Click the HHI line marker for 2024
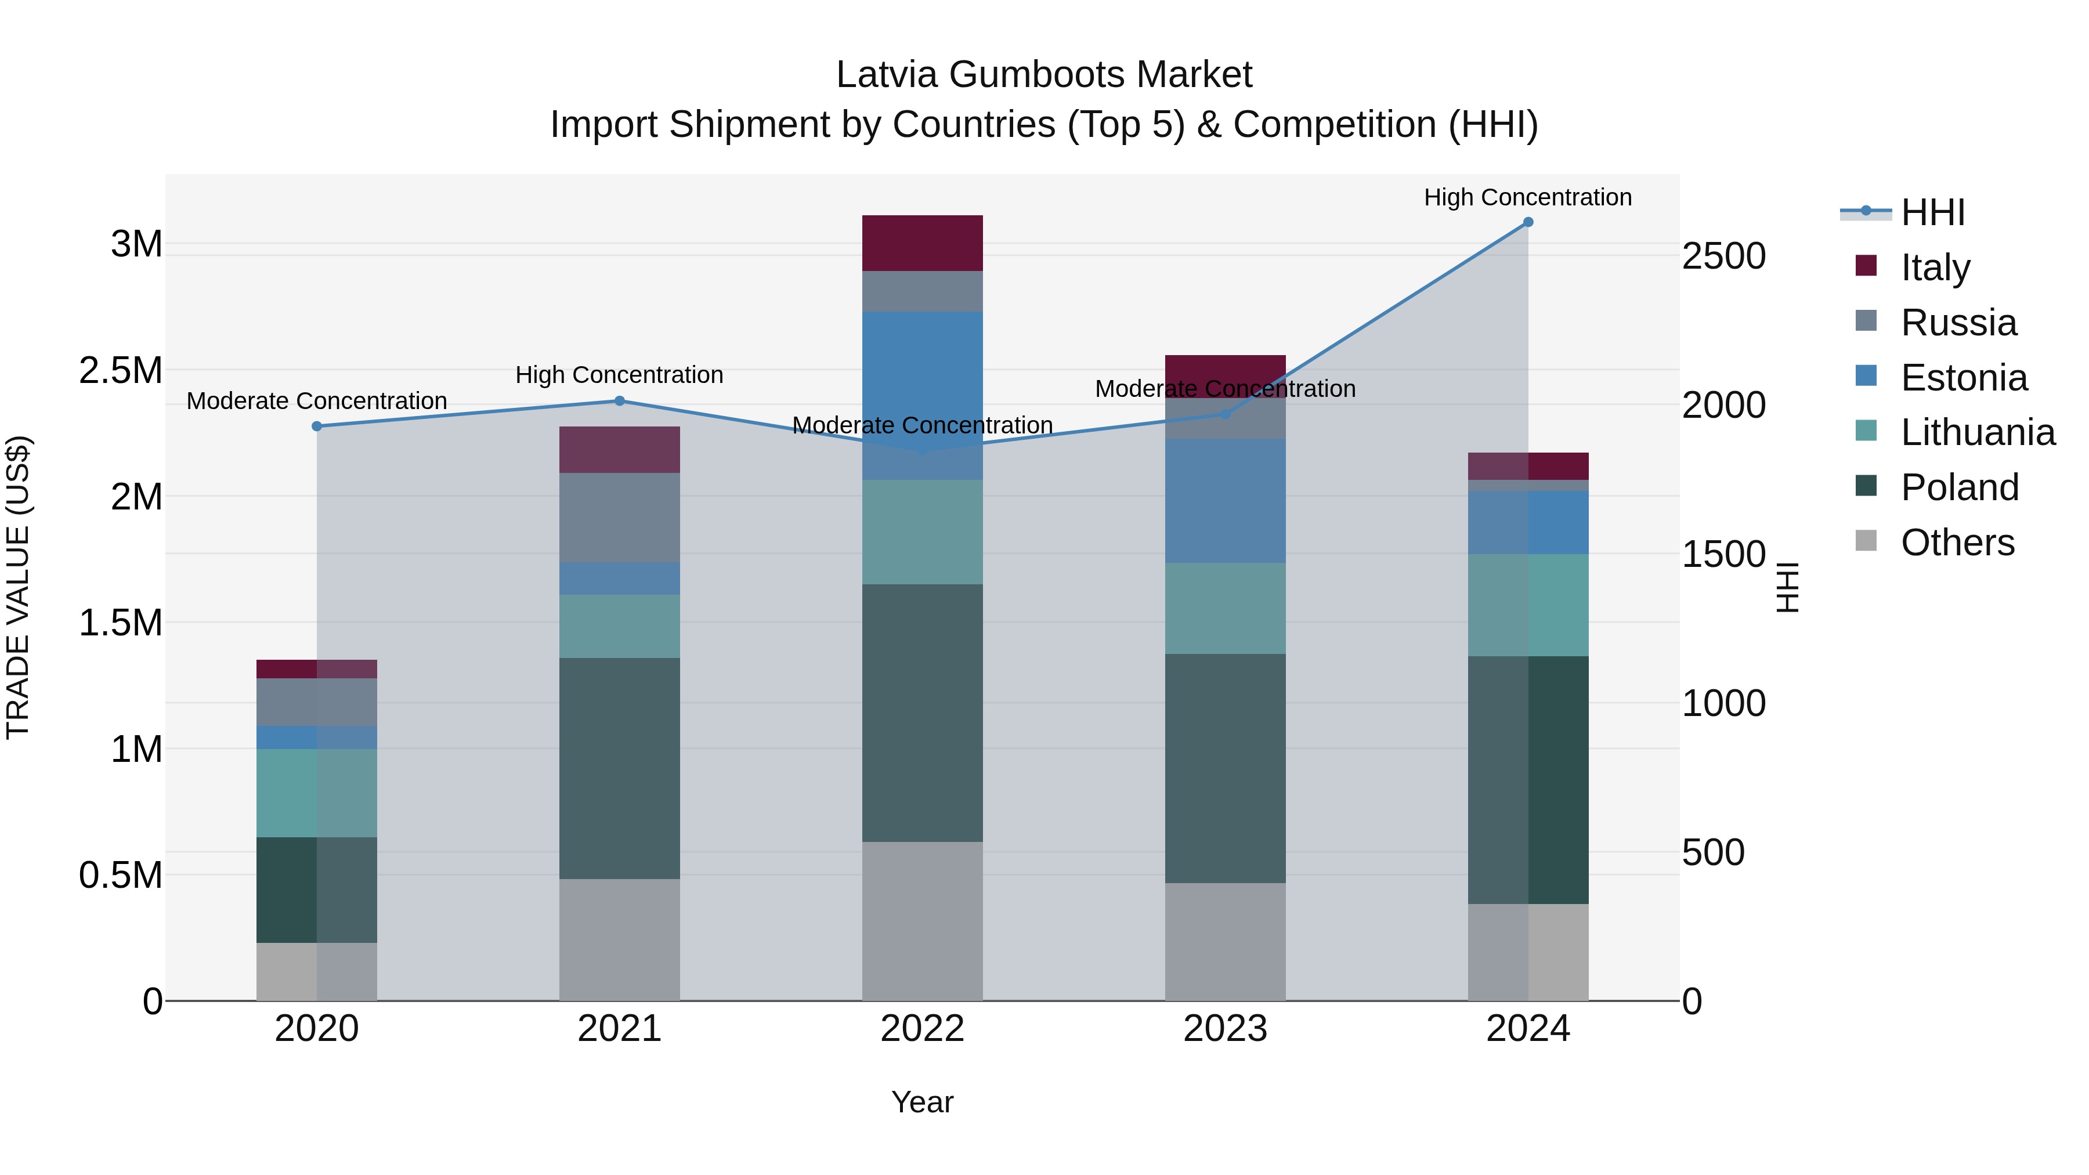point(1528,222)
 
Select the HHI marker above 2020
point(317,426)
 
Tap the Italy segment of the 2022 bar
point(922,243)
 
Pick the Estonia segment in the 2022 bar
point(922,395)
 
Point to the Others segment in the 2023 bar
point(1226,942)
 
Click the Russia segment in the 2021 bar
point(620,518)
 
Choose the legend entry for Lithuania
point(1977,432)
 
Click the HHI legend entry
point(1932,212)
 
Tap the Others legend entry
point(1957,543)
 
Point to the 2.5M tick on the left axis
point(121,371)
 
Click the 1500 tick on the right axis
point(1723,555)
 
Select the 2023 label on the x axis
point(1226,1029)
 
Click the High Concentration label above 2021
point(620,375)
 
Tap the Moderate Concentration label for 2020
point(317,400)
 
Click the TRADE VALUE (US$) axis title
point(18,587)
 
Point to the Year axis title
point(922,1102)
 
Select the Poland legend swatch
point(1866,487)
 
